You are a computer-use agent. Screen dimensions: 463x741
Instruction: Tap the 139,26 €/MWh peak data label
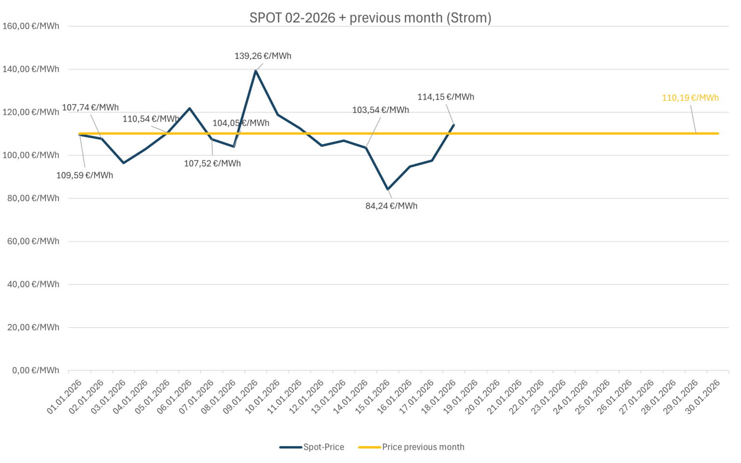pyautogui.click(x=263, y=56)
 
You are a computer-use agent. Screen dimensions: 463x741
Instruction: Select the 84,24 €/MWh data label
pyautogui.click(x=391, y=206)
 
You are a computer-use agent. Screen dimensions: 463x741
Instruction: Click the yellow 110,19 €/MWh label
pyautogui.click(x=690, y=98)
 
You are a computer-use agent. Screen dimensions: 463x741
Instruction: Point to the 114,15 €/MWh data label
pyautogui.click(x=445, y=97)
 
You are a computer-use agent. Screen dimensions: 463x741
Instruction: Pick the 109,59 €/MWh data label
pyautogui.click(x=84, y=176)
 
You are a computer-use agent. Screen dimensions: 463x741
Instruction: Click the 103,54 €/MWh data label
pyautogui.click(x=380, y=110)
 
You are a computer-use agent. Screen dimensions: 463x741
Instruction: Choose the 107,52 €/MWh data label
pyautogui.click(x=212, y=163)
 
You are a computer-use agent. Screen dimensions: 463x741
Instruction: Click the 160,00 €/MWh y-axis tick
pyautogui.click(x=31, y=26)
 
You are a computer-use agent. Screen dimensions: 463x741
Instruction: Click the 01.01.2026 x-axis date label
pyautogui.click(x=65, y=397)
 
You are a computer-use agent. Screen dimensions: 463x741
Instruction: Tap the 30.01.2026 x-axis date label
pyautogui.click(x=703, y=397)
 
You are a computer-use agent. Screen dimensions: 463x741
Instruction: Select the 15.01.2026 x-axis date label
pyautogui.click(x=373, y=397)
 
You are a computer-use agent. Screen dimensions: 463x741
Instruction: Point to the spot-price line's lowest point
pyautogui.click(x=387, y=190)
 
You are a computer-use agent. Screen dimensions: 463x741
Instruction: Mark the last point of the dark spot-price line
pyautogui.click(x=453, y=125)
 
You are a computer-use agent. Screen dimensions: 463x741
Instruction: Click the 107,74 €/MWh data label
pyautogui.click(x=90, y=108)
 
